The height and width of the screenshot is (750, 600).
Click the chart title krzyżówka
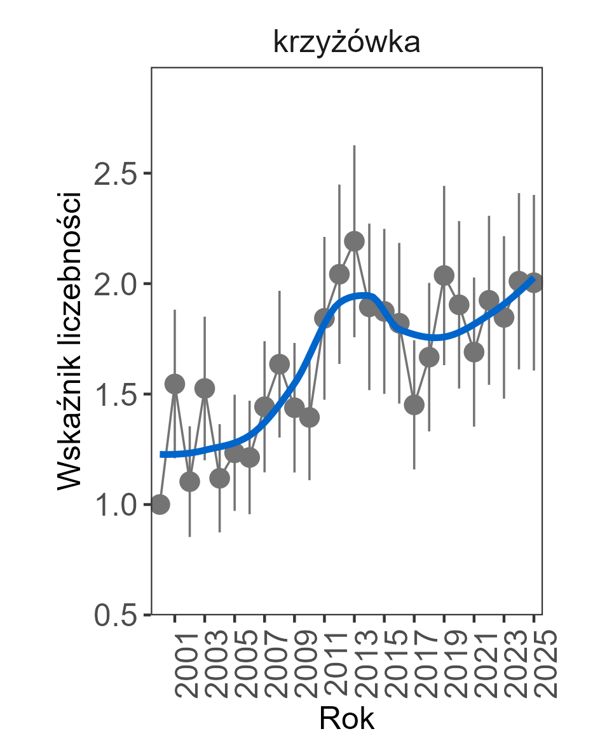(346, 43)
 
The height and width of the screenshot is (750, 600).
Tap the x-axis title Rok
(346, 719)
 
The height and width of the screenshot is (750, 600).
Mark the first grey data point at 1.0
(160, 504)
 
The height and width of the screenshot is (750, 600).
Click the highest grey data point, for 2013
(354, 241)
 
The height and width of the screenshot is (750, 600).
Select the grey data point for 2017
(414, 405)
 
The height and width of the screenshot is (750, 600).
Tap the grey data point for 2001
(175, 384)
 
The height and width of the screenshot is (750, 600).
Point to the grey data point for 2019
(444, 275)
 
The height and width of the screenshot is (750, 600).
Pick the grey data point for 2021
(474, 351)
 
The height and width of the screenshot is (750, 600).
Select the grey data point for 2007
(264, 406)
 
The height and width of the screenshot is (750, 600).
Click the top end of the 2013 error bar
(354, 145)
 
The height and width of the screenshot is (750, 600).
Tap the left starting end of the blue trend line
(161, 454)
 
